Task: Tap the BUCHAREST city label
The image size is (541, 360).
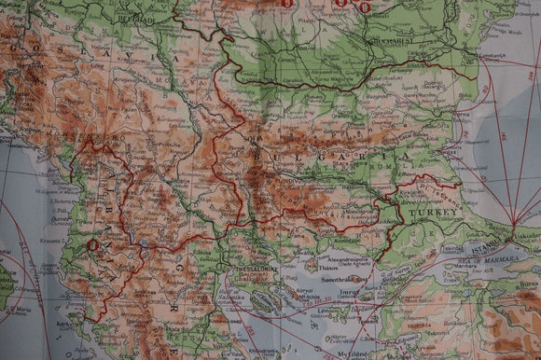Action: [x=390, y=42]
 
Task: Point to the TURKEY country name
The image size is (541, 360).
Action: [x=435, y=213]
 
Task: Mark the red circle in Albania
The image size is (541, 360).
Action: [x=92, y=245]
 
